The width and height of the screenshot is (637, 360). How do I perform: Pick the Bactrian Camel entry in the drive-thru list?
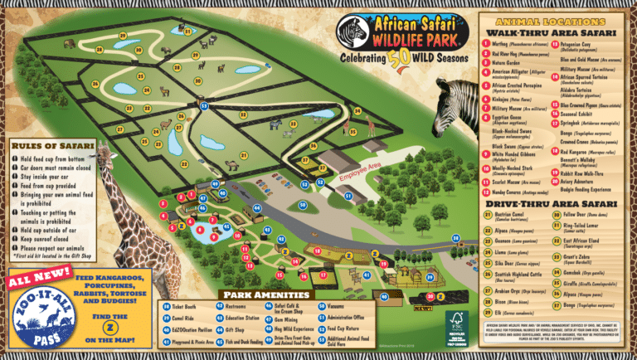(x=508, y=216)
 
